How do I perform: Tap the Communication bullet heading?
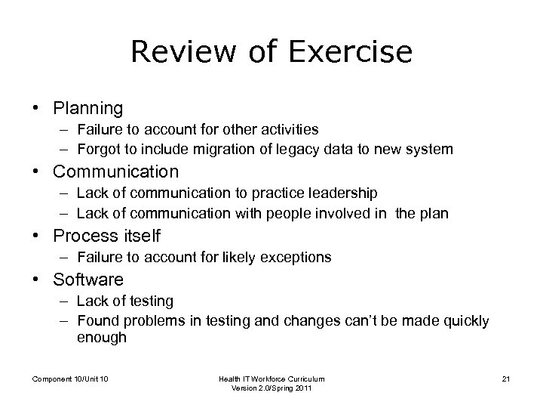coord(115,172)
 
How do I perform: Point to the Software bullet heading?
coord(88,280)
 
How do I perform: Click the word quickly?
coord(463,321)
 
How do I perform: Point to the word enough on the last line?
coord(102,338)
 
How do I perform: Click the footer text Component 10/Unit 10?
coord(70,379)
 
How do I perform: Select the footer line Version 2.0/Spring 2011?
coord(271,388)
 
